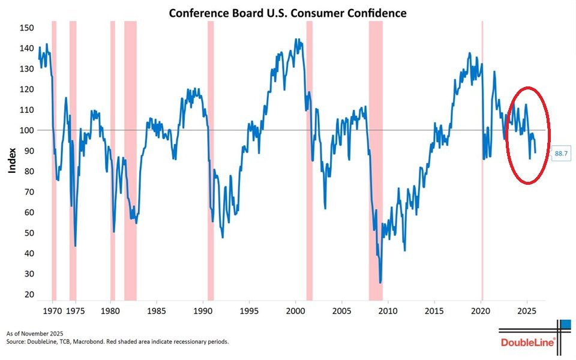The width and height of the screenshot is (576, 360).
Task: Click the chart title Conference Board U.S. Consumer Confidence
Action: (287, 13)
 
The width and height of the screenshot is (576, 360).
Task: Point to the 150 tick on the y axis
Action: (26, 28)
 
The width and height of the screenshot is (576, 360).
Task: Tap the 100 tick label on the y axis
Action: (26, 130)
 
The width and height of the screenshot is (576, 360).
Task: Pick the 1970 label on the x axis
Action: (53, 311)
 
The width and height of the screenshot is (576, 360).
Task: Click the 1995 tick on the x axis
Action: (249, 311)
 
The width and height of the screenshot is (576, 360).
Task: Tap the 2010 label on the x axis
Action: (388, 311)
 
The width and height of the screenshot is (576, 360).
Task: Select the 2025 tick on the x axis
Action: (527, 311)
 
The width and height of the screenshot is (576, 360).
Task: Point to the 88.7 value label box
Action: (561, 154)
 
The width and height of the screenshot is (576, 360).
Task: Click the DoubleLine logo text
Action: (527, 342)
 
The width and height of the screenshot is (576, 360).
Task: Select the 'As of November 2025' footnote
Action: (35, 333)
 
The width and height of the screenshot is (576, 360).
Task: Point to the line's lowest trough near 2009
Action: (380, 282)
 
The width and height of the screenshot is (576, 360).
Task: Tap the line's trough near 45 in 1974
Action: (75, 245)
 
